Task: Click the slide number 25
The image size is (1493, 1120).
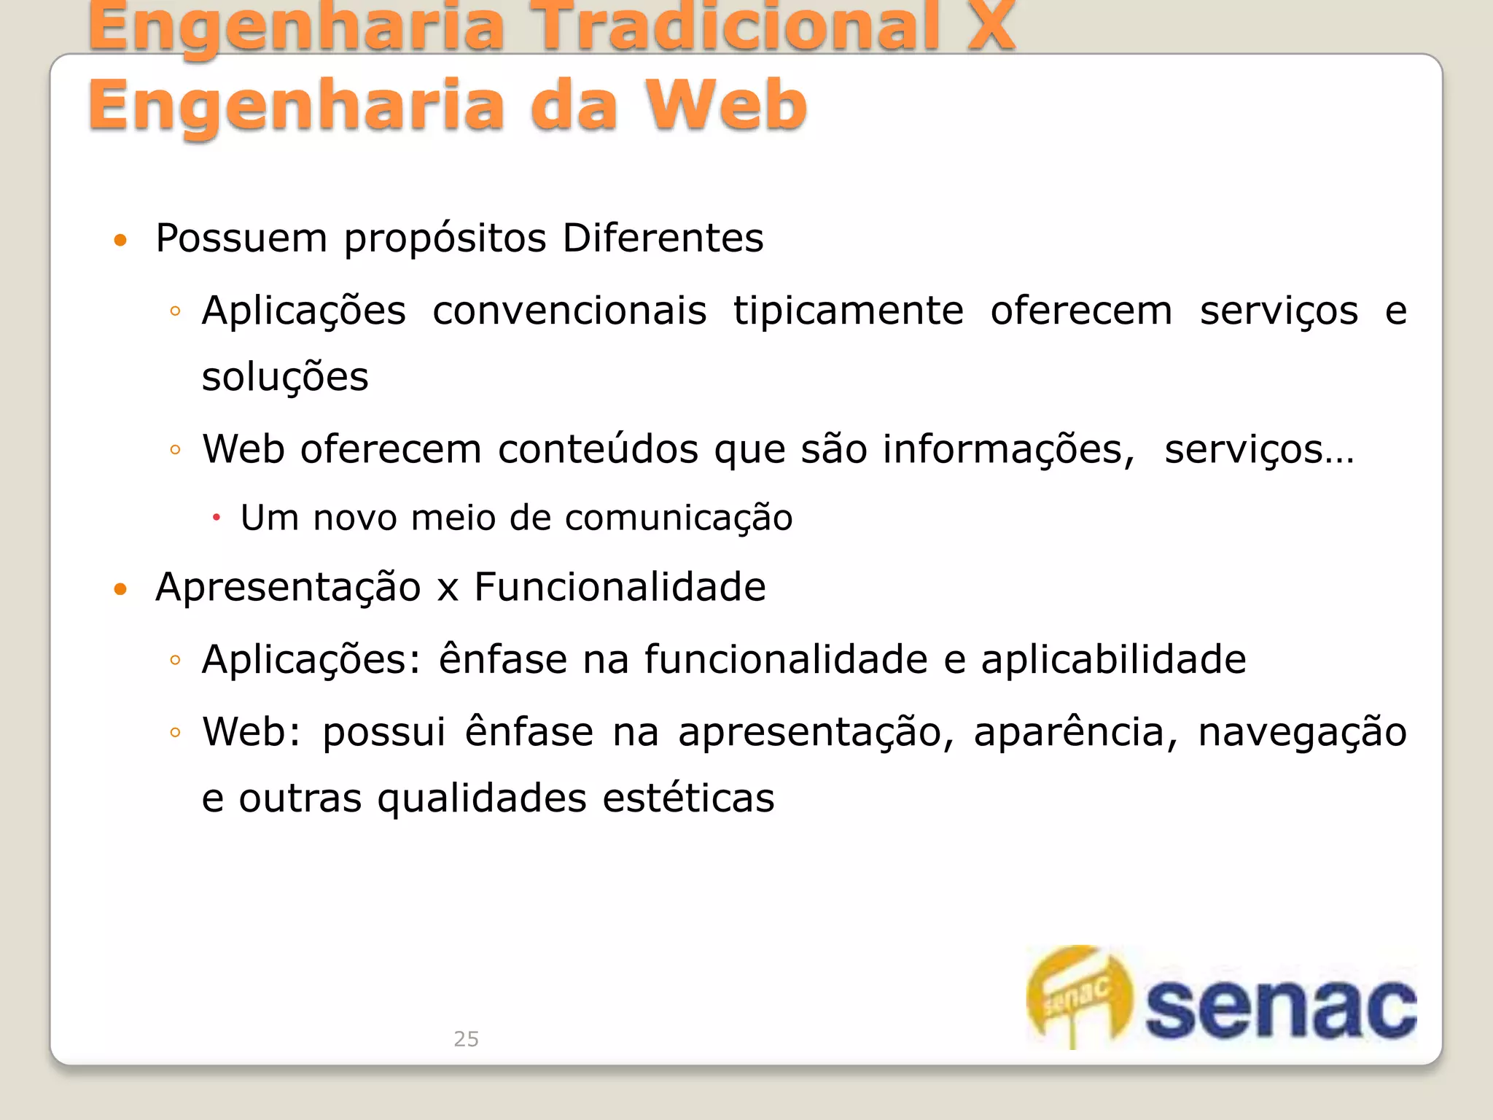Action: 466,1038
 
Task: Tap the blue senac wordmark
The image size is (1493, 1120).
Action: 1280,1009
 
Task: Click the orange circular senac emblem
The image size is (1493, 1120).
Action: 1080,996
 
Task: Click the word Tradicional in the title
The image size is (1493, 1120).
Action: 736,28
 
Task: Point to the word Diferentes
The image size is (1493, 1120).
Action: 663,238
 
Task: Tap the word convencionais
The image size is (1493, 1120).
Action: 569,311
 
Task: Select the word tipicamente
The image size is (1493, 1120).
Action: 848,311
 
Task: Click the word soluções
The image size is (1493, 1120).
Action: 285,378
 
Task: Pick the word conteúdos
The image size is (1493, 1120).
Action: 598,449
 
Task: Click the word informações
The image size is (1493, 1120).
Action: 1008,450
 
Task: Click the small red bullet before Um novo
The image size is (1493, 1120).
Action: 217,518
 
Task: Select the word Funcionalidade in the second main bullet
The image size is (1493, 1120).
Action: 620,587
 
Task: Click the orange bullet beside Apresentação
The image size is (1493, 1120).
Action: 121,588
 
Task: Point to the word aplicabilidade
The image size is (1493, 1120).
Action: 1113,660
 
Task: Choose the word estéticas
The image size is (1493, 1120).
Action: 688,798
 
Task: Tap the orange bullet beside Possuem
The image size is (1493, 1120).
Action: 121,240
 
